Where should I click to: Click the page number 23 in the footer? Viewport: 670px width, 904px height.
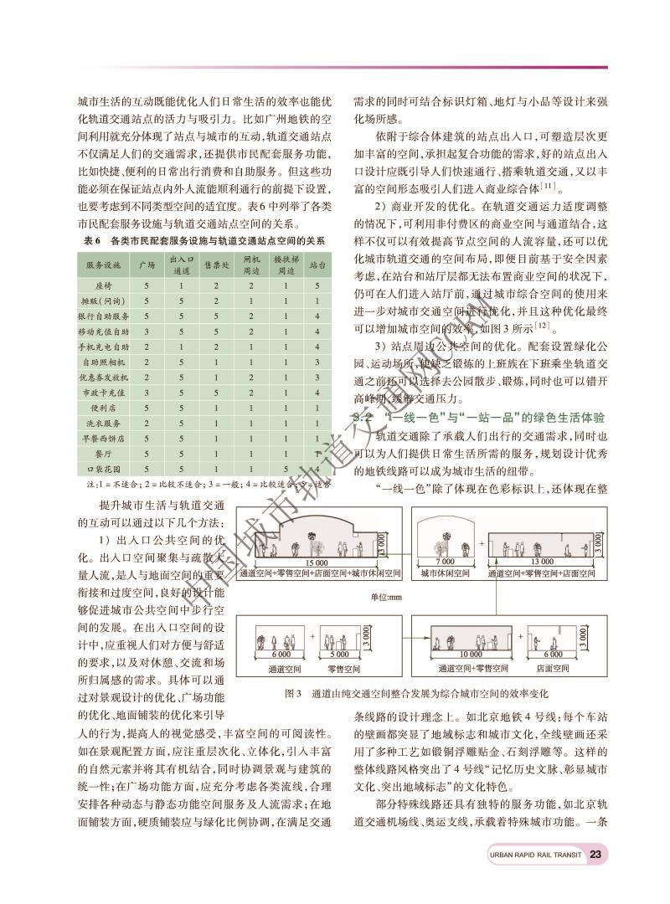(x=595, y=855)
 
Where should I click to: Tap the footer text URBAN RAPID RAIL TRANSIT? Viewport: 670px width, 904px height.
(x=537, y=855)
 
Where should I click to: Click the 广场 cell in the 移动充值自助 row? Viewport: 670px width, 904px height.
(x=147, y=331)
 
